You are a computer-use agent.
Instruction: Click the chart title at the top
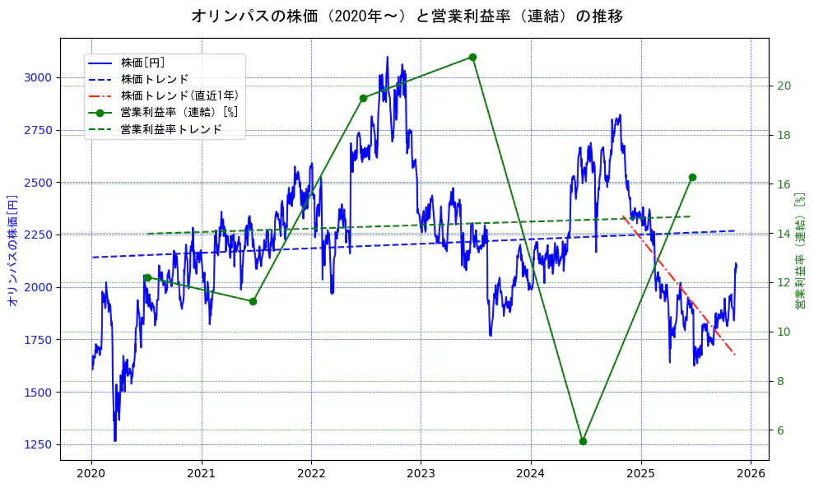pyautogui.click(x=407, y=16)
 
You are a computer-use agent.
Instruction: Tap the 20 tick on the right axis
pyautogui.click(x=784, y=86)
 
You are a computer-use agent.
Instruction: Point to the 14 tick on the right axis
pyautogui.click(x=784, y=234)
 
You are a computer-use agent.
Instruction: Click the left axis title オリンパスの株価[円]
pyautogui.click(x=12, y=249)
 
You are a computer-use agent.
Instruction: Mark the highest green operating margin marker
pyautogui.click(x=472, y=57)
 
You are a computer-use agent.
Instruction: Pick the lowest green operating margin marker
pyautogui.click(x=583, y=441)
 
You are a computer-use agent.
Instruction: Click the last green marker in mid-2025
pyautogui.click(x=692, y=177)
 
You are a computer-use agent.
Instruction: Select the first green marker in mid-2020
pyautogui.click(x=147, y=277)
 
